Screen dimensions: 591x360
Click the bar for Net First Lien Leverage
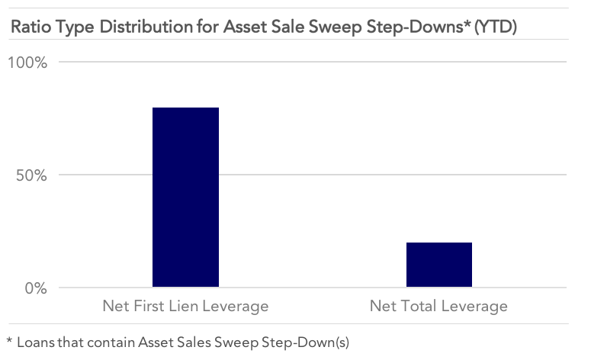click(185, 197)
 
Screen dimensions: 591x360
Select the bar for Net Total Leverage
click(439, 265)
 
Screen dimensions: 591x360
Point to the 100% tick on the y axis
click(27, 63)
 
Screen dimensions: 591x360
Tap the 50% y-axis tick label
click(31, 175)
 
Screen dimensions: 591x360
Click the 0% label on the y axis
click(36, 288)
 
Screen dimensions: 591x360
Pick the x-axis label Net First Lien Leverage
click(185, 306)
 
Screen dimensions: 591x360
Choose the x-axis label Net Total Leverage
click(438, 306)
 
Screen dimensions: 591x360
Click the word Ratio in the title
click(31, 27)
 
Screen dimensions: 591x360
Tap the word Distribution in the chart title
click(145, 27)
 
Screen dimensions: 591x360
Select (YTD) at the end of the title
click(495, 27)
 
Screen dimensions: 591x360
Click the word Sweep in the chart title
click(335, 27)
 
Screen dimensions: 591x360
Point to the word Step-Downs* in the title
click(419, 27)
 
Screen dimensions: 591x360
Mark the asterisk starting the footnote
click(9, 340)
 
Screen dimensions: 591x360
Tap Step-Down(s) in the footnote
click(305, 342)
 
